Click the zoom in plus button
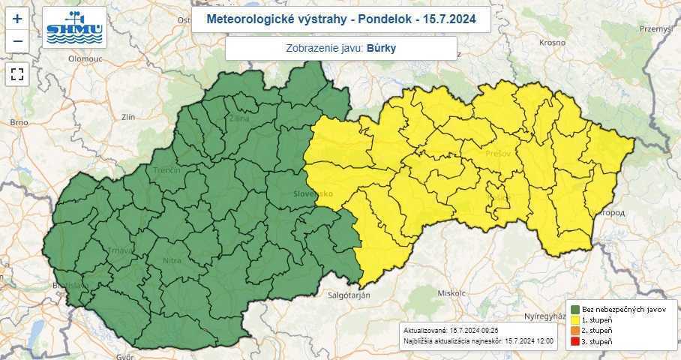point(17,19)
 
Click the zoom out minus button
point(17,41)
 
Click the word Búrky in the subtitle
point(381,48)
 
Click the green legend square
point(574,309)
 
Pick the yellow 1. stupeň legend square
point(574,320)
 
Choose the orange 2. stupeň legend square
point(574,331)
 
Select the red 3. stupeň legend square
point(574,342)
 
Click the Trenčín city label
point(167,171)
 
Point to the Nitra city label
point(172,261)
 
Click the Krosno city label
point(551,43)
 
